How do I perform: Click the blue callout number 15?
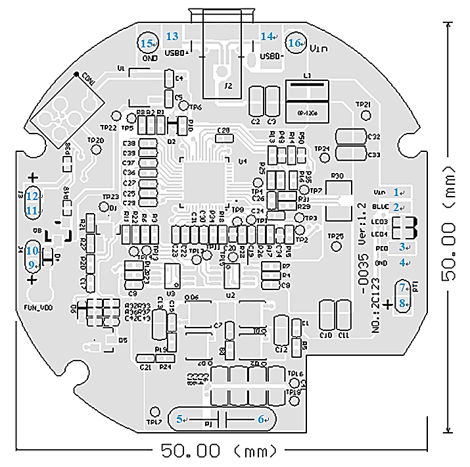point(145,43)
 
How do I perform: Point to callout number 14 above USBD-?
point(266,37)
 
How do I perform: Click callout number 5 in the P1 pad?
point(182,418)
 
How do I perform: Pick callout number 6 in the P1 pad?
point(260,418)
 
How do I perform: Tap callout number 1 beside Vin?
point(397,191)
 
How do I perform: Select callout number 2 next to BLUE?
point(397,207)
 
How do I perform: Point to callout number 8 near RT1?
point(404,303)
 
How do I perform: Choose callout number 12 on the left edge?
point(32,195)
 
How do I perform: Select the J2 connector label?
point(229,86)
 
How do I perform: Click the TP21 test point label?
point(363,105)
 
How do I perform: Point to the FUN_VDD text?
point(38,307)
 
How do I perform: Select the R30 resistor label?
point(339,176)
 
